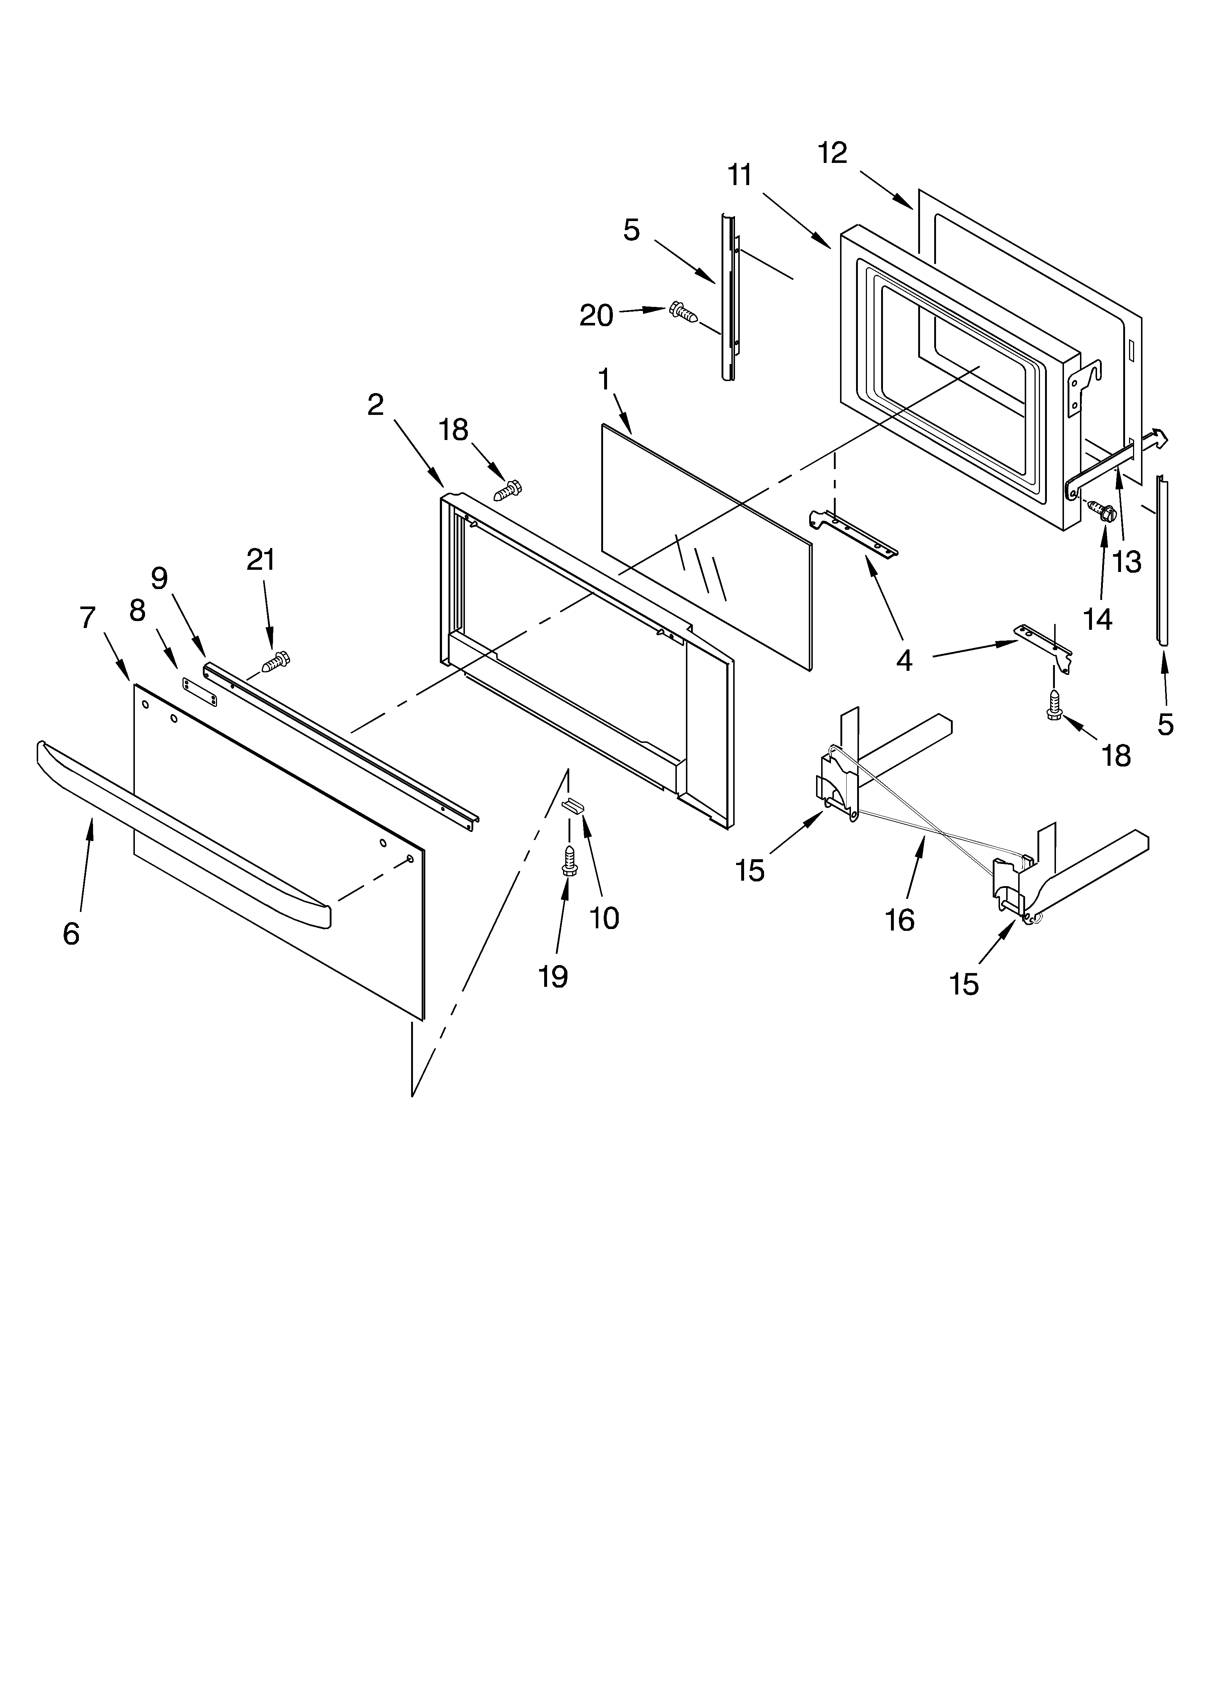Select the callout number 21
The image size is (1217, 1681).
[x=261, y=560]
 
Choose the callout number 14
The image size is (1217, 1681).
[x=1098, y=618]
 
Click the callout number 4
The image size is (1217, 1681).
[x=904, y=660]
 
